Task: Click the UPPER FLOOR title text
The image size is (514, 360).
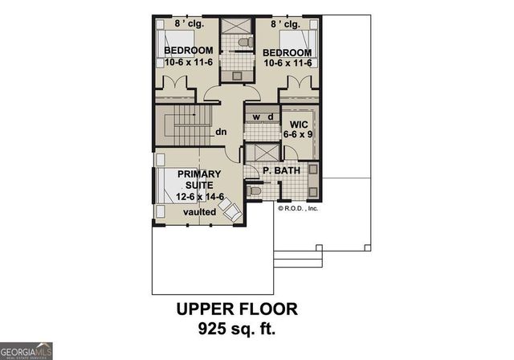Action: (x=236, y=309)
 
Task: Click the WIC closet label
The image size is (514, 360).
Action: (x=299, y=124)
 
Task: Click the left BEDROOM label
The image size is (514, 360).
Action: (x=188, y=51)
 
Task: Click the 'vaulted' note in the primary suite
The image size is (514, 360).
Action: (x=198, y=211)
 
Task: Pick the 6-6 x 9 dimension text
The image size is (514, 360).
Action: (x=299, y=134)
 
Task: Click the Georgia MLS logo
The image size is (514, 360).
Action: (x=27, y=350)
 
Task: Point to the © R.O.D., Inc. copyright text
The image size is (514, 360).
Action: (x=299, y=207)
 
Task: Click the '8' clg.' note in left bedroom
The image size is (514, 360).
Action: (x=190, y=23)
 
